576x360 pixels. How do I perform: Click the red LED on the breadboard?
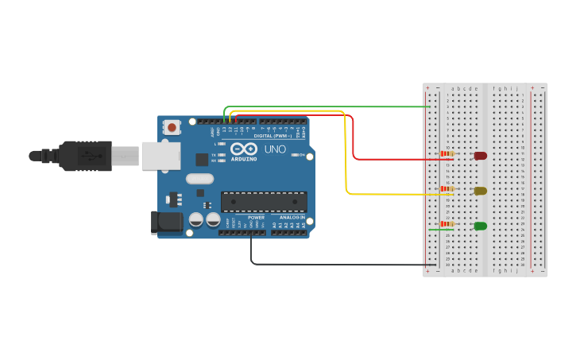click(481, 156)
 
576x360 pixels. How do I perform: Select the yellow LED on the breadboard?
click(481, 191)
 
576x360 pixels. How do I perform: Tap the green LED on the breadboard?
click(481, 226)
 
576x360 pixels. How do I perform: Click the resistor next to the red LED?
click(446, 153)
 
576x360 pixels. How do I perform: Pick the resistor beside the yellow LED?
click(446, 188)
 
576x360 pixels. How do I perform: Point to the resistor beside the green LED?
click(446, 223)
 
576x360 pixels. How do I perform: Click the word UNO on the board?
click(275, 149)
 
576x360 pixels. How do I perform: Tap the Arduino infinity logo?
click(244, 149)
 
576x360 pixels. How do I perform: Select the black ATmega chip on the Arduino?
click(264, 202)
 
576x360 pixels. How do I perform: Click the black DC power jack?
click(167, 222)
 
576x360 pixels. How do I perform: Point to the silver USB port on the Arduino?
click(160, 156)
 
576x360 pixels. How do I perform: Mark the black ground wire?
click(342, 264)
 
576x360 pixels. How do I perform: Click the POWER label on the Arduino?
click(256, 217)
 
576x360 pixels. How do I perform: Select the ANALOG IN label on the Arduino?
click(293, 217)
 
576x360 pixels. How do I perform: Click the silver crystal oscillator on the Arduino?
click(200, 179)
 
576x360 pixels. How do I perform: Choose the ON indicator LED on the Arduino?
click(295, 155)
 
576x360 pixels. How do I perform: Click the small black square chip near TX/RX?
click(202, 159)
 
